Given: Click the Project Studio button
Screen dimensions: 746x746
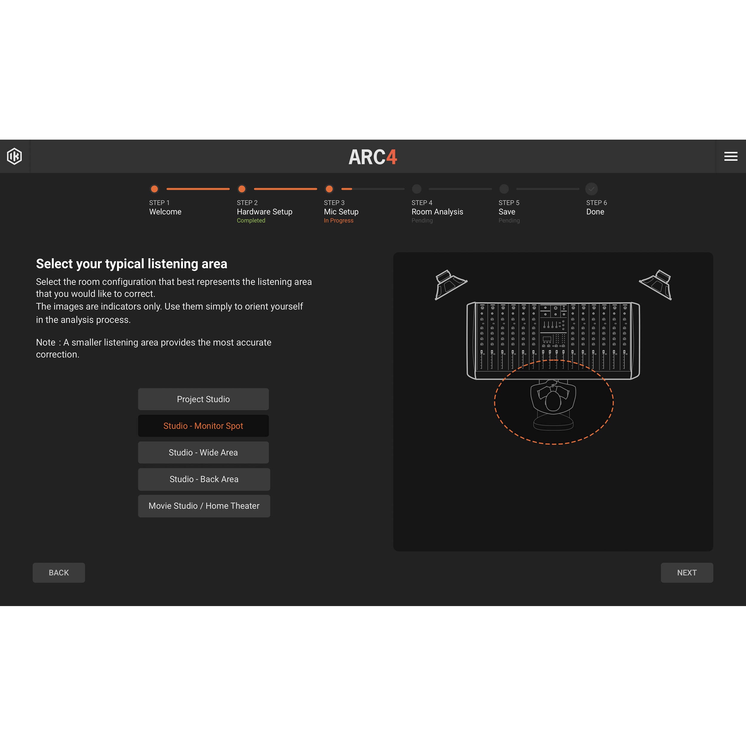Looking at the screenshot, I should pos(203,399).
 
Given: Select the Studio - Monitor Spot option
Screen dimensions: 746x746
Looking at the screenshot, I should pos(203,426).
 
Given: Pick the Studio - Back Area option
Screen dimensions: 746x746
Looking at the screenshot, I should pos(204,479).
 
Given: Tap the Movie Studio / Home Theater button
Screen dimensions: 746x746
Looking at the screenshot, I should pos(204,505).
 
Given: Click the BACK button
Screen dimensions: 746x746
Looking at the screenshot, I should pos(59,572).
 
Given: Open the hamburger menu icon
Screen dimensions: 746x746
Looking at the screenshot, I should pos(730,156).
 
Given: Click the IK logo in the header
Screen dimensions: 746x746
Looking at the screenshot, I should pos(15,156).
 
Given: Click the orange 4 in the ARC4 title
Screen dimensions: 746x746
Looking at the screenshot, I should pos(392,157).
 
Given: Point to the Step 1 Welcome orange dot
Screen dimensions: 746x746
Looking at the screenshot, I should pos(155,189).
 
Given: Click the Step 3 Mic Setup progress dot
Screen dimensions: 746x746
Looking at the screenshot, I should pos(329,189).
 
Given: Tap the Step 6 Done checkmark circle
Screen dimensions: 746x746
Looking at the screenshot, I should pos(591,189).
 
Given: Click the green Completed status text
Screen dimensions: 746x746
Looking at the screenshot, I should pos(251,221).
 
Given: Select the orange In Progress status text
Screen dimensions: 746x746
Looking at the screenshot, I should pos(339,221).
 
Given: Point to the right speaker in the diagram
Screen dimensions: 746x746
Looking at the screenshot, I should pos(656,284).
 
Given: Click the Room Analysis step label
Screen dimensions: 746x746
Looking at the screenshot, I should pos(437,212).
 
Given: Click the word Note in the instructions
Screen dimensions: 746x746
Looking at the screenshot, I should pos(46,343).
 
